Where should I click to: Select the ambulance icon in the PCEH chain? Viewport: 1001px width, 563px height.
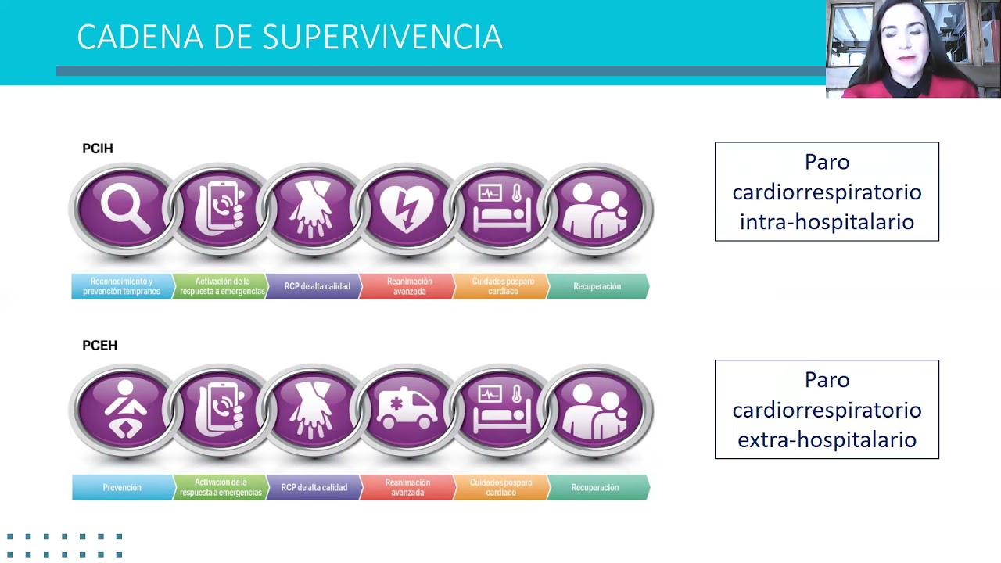click(407, 409)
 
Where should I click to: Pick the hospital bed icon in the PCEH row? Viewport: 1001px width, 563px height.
click(501, 409)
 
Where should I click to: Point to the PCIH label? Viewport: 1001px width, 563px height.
click(98, 149)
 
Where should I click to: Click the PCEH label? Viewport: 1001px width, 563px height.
click(99, 346)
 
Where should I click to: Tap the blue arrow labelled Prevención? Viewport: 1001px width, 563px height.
click(122, 488)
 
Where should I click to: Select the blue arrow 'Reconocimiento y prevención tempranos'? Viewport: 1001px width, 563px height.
click(121, 286)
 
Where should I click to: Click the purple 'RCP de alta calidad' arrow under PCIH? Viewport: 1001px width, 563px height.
click(315, 286)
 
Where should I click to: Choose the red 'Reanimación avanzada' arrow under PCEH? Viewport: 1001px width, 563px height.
click(407, 488)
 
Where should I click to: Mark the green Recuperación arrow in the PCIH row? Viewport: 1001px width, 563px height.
click(597, 286)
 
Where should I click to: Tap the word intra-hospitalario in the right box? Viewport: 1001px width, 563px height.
click(827, 222)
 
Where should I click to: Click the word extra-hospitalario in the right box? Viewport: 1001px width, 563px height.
click(827, 439)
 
